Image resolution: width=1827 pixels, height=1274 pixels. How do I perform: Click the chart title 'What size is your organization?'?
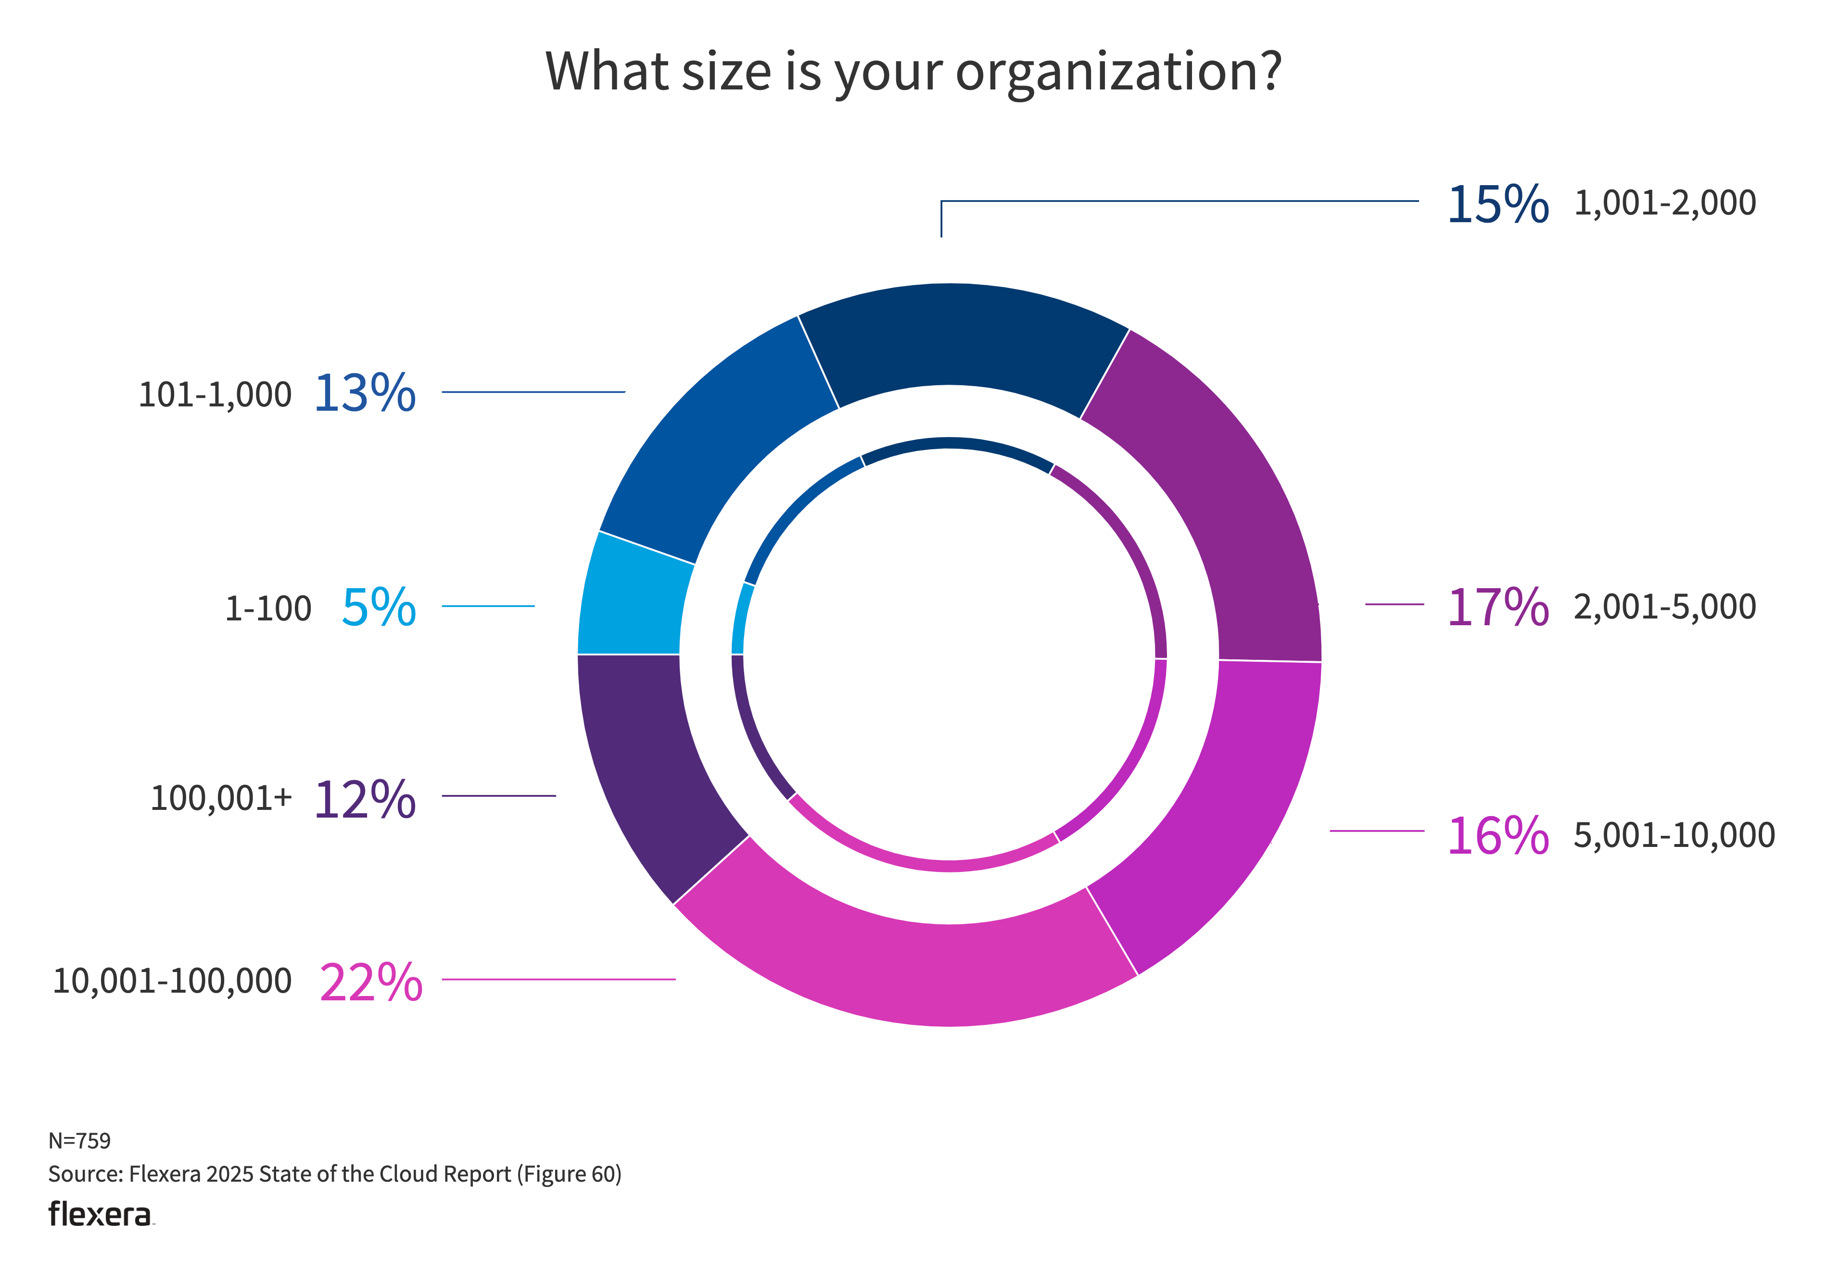click(x=913, y=72)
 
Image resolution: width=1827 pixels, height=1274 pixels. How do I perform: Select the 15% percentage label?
click(x=1497, y=204)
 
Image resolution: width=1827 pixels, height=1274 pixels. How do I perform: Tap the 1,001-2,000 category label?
click(x=1665, y=203)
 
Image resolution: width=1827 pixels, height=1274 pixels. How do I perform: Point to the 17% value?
click(x=1497, y=608)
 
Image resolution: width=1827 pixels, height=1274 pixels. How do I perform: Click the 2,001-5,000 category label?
click(x=1665, y=607)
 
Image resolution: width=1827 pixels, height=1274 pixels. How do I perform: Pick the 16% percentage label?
click(x=1497, y=836)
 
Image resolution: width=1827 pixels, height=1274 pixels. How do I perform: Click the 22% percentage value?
click(x=371, y=983)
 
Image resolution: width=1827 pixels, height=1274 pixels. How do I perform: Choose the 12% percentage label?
click(x=365, y=799)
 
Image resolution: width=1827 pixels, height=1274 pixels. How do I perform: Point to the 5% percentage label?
click(x=379, y=608)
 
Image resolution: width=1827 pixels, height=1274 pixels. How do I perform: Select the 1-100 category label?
click(x=268, y=609)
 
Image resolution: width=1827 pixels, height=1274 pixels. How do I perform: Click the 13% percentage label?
click(x=365, y=393)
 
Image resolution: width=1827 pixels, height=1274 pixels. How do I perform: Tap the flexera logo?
click(x=100, y=1214)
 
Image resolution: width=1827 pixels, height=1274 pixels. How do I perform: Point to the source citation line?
click(x=335, y=1174)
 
